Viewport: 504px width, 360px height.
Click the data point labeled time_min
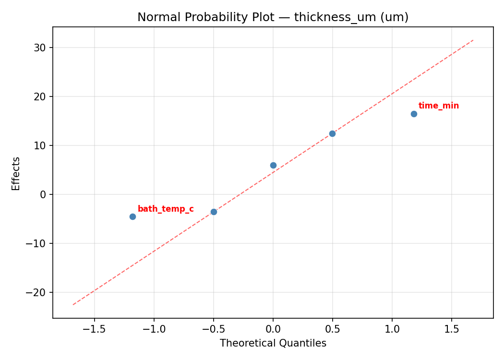414,114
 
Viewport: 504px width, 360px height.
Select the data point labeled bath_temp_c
132,216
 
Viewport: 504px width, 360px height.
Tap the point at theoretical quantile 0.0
273,165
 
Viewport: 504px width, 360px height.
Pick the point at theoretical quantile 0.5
332,133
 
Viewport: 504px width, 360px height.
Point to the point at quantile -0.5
214,212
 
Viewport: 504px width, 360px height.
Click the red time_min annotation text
438,106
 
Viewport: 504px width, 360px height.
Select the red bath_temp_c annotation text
166,209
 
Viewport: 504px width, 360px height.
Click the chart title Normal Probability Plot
273,17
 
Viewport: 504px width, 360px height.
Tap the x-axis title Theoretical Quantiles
273,343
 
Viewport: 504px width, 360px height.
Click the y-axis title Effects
16,173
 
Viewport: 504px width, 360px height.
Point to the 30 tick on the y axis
40,48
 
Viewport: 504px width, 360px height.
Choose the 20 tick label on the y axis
40,97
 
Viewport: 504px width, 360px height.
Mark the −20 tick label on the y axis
37,293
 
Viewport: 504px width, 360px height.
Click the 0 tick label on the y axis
43,195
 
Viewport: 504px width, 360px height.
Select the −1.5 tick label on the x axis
95,329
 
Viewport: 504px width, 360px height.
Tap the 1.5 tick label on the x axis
452,329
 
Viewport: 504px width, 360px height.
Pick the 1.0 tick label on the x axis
392,329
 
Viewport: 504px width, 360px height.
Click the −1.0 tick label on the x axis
154,329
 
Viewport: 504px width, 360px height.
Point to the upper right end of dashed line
473,40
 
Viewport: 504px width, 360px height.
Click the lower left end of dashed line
73,304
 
